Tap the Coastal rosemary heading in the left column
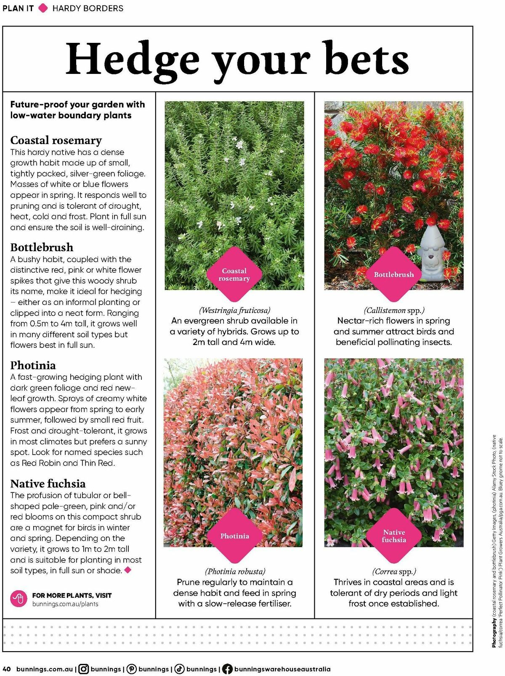[x=56, y=140]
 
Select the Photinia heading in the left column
[x=33, y=365]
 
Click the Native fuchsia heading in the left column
[x=48, y=483]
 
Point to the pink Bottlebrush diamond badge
[x=394, y=274]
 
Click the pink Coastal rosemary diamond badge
[x=234, y=274]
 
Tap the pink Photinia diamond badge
[x=234, y=536]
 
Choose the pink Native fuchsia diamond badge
[x=394, y=536]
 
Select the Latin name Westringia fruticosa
[x=234, y=310]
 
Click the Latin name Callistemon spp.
[x=394, y=310]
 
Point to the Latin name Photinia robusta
[x=235, y=571]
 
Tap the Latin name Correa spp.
[x=394, y=571]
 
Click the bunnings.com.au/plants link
[x=65, y=604]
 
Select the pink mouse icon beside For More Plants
[x=19, y=599]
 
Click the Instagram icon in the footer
[x=84, y=669]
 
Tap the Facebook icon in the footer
[x=227, y=669]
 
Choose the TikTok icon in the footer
[x=180, y=669]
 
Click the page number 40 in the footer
[x=7, y=669]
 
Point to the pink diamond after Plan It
[x=43, y=8]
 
